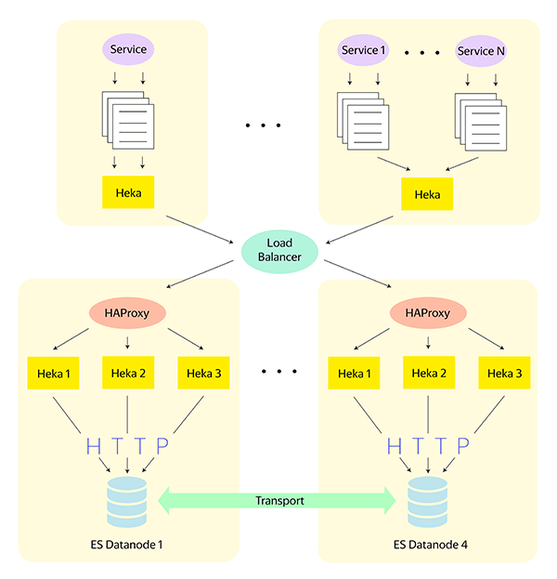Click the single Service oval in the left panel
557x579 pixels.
coord(128,48)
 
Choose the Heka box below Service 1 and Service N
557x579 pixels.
coord(427,194)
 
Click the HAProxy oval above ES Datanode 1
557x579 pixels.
coord(127,313)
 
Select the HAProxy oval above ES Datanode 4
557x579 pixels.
coord(427,313)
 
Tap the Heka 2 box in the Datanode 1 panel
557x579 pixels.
coord(127,374)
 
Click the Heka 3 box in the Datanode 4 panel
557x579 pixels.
coord(504,374)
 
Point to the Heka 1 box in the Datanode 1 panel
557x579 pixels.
coord(53,374)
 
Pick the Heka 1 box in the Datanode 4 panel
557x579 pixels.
coord(353,374)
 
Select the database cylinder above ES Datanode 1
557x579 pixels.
coord(127,501)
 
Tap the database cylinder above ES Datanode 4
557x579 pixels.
coord(427,501)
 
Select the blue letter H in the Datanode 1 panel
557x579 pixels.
coord(93,446)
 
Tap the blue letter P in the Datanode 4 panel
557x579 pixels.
coord(461,446)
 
